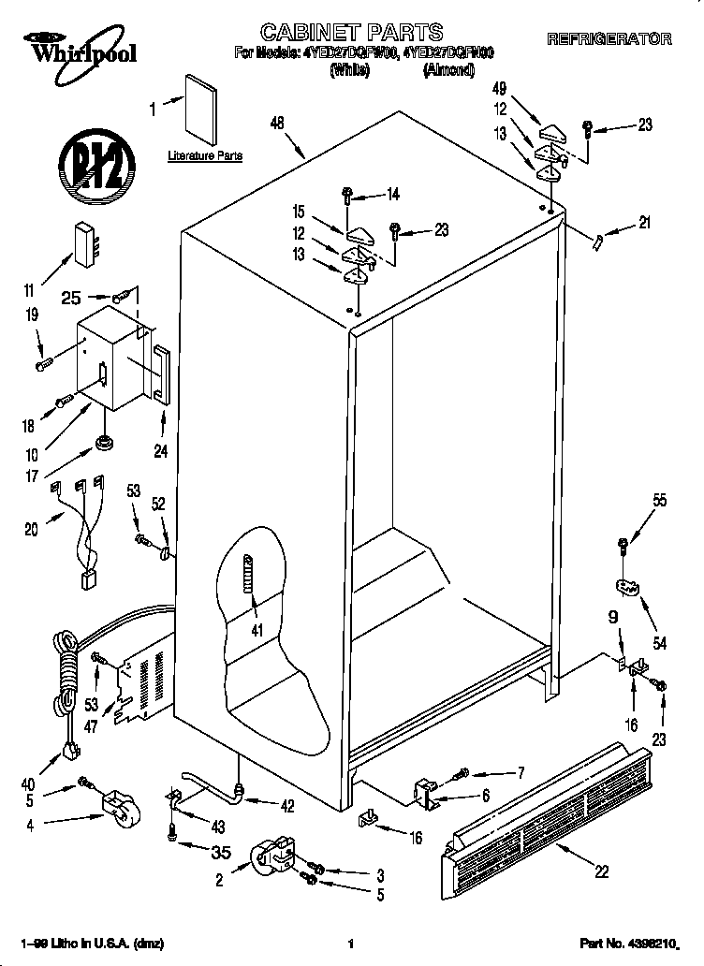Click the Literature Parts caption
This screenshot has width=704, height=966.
point(205,155)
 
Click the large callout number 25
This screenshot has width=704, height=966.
point(70,298)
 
